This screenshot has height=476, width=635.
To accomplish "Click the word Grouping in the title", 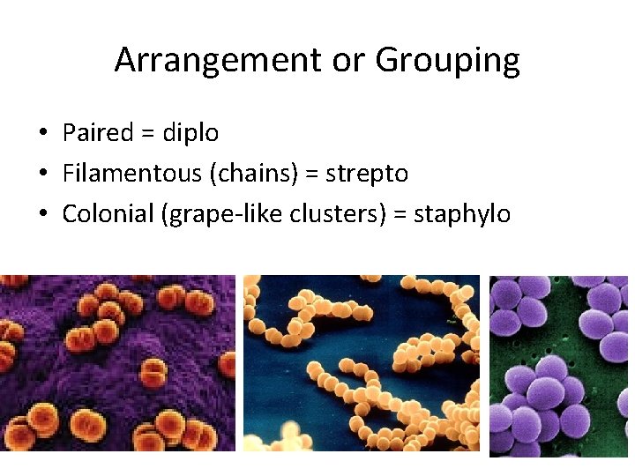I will (447, 61).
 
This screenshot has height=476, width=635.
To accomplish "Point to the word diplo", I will (190, 133).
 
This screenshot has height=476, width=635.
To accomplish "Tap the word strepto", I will (367, 174).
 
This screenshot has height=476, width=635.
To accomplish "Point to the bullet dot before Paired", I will (42, 134).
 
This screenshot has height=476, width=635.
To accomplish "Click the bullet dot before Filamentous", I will (42, 175).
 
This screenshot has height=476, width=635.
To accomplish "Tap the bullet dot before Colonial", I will (42, 215).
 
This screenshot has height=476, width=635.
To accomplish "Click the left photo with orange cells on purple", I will (117, 363).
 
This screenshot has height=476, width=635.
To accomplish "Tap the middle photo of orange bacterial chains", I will (361, 363).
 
